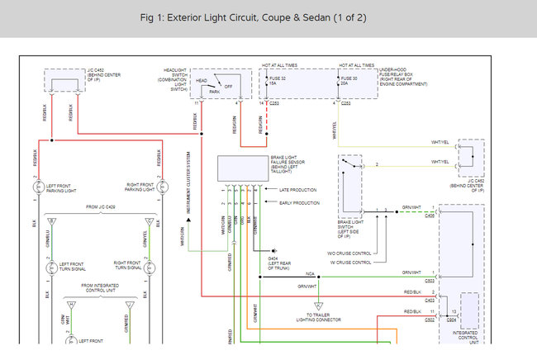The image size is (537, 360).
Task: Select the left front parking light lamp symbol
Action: pyautogui.click(x=36, y=188)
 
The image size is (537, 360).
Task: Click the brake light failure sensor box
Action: pyautogui.click(x=241, y=168)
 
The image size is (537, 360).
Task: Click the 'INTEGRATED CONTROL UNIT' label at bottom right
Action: pyautogui.click(x=466, y=335)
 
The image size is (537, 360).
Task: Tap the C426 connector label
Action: pyautogui.click(x=429, y=217)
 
